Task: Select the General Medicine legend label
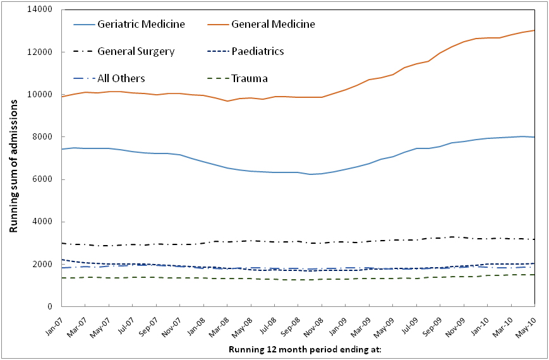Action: [273, 25]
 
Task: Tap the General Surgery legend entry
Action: [136, 51]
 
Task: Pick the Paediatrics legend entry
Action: [258, 51]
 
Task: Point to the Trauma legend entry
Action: [250, 79]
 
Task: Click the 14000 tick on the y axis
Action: [41, 9]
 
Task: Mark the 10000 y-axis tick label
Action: [41, 95]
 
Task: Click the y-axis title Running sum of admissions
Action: [13, 158]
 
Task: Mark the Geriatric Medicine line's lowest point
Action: [310, 174]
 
